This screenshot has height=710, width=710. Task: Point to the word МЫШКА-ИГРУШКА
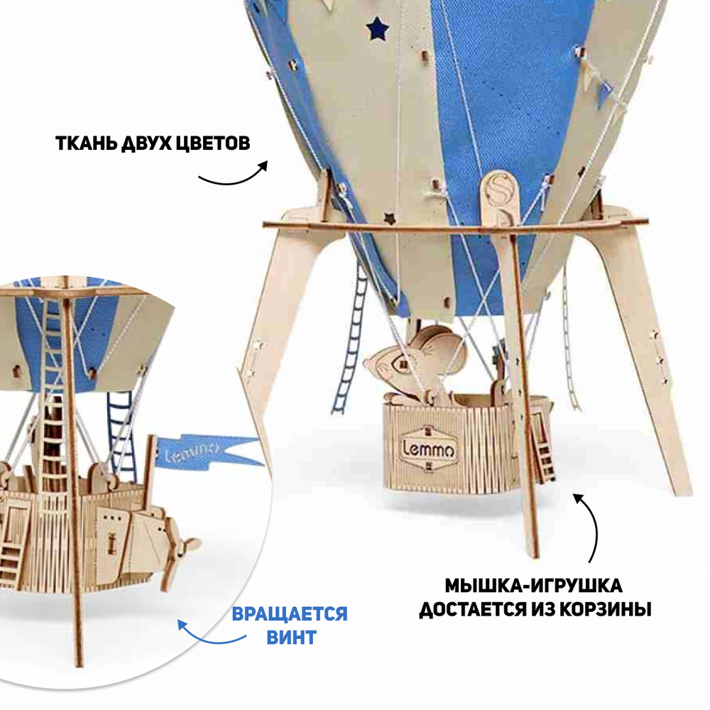click(534, 586)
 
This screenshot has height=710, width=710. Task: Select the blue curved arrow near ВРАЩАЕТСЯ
click(206, 635)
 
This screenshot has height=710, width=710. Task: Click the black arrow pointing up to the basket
click(589, 525)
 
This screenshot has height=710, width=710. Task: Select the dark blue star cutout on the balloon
click(378, 28)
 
